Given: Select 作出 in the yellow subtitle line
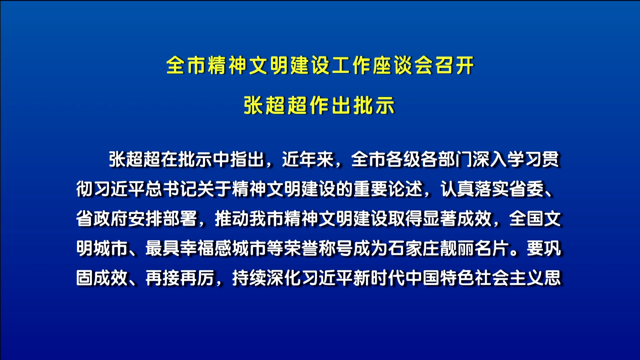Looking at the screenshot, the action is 330,105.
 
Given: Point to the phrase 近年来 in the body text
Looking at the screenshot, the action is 308,159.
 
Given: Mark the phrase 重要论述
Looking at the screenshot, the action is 388,189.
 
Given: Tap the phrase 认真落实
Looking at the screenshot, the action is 475,189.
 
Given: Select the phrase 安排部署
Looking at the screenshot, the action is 162,219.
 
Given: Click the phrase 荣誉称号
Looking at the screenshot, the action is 318,248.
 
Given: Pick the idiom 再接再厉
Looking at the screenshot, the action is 180,278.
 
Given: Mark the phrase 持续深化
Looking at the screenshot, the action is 266,278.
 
